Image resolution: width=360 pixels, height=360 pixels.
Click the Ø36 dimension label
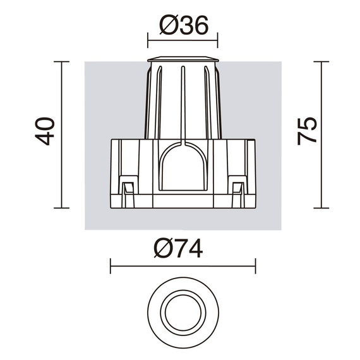[x=184, y=25]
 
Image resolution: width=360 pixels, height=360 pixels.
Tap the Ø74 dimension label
[x=178, y=248]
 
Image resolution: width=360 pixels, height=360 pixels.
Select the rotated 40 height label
[x=45, y=131]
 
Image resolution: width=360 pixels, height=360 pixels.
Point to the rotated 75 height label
[x=307, y=131]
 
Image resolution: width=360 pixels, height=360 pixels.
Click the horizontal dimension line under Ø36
[x=183, y=40]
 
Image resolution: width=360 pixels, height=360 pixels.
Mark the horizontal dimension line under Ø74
[x=183, y=266]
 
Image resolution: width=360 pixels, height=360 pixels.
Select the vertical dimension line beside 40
[x=61, y=135]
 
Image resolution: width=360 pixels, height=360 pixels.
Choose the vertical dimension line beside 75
[x=321, y=135]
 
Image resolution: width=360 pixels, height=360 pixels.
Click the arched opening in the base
[x=183, y=167]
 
